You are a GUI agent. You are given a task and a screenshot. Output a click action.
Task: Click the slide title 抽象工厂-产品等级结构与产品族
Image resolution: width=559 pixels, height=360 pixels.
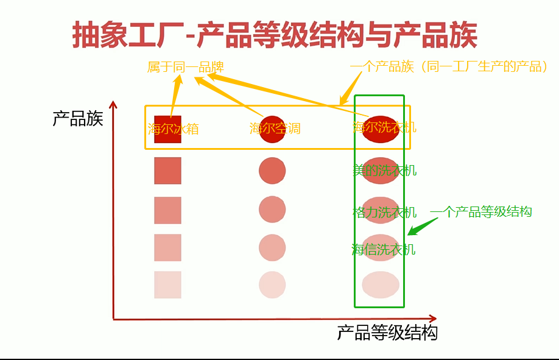[275, 35]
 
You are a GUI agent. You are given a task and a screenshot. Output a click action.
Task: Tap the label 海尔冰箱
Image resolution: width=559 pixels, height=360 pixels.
[173, 129]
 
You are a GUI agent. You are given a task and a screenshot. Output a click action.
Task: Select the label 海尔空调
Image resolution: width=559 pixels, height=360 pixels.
[275, 129]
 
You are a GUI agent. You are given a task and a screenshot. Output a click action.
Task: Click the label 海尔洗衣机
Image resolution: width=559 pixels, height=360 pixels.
[384, 127]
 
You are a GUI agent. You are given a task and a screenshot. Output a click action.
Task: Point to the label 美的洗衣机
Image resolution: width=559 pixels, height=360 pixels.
[384, 171]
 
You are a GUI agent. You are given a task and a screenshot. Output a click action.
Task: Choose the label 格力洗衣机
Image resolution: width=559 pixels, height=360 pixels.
[384, 213]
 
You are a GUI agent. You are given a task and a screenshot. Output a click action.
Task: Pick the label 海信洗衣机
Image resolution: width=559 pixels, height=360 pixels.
[384, 249]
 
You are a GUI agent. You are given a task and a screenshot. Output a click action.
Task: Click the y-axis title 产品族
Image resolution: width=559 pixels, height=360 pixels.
[78, 118]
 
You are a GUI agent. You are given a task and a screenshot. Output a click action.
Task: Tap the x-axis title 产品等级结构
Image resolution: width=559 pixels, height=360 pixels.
[387, 333]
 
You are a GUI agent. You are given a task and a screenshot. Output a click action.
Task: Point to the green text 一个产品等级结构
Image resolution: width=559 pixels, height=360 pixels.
[481, 212]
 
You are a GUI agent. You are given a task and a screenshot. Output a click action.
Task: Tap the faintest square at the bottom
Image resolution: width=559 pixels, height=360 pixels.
[167, 285]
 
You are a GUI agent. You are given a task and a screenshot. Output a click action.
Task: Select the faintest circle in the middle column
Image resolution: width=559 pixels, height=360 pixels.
[272, 284]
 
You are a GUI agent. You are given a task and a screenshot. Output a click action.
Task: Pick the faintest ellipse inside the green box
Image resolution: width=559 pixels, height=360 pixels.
[381, 285]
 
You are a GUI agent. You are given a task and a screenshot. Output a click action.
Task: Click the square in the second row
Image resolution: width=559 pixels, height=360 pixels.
[167, 171]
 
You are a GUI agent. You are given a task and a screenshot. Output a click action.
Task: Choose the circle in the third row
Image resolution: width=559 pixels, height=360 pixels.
[272, 210]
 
